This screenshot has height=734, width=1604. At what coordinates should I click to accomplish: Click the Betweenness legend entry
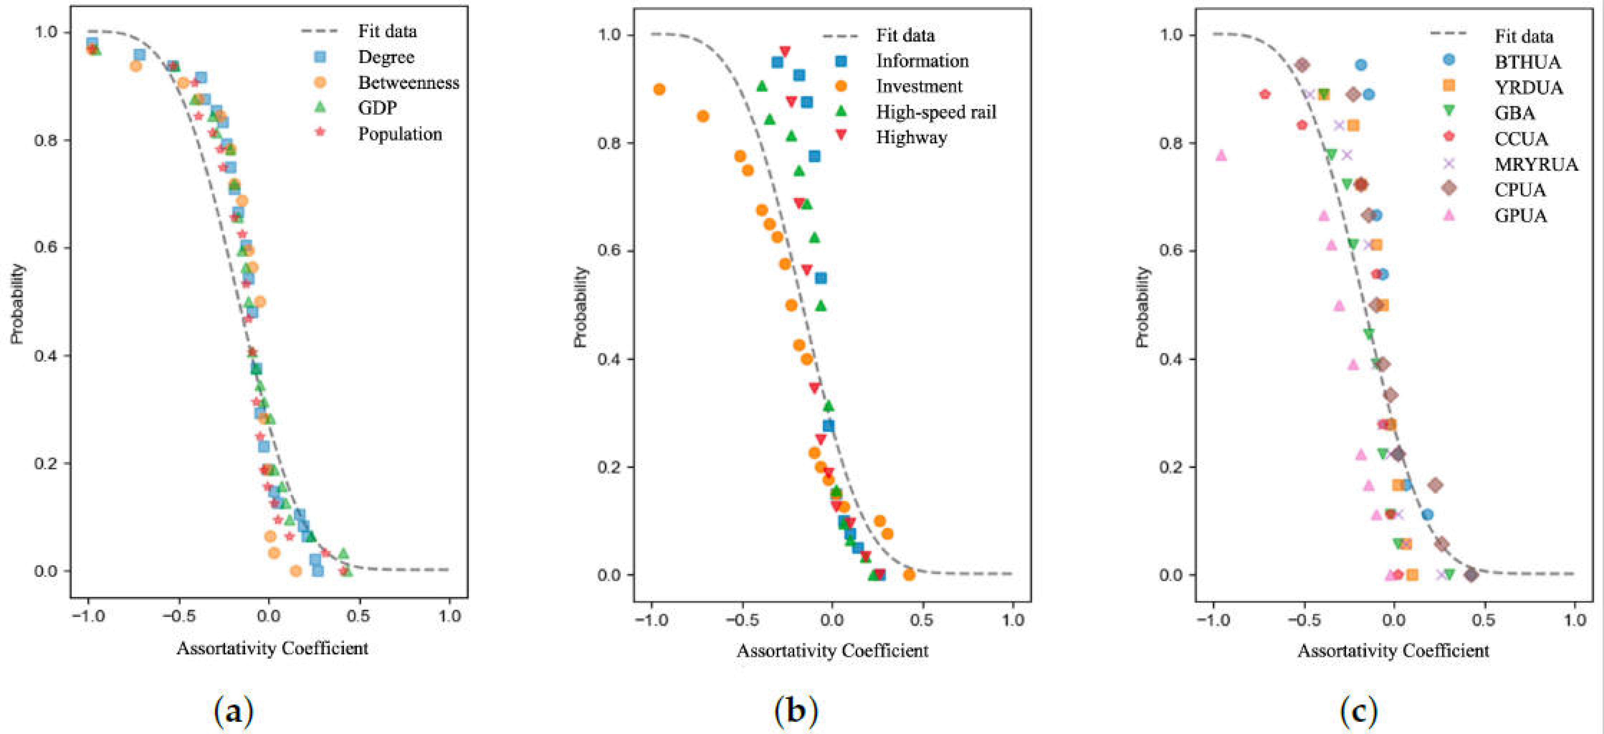408,83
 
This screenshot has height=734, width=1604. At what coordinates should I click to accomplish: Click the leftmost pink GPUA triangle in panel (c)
1221,155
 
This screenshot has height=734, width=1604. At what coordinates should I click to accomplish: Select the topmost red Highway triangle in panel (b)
785,51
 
